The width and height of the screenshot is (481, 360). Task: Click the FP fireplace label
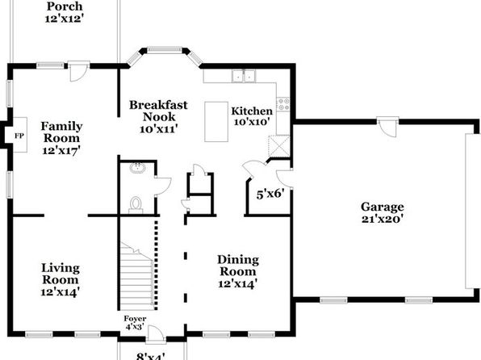[x=19, y=136]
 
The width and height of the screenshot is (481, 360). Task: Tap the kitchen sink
[x=244, y=76]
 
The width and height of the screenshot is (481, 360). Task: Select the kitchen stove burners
[x=283, y=104]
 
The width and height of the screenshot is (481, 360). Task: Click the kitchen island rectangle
[x=216, y=122]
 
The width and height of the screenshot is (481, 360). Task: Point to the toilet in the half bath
[x=136, y=205]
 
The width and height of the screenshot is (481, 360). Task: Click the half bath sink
[x=137, y=168]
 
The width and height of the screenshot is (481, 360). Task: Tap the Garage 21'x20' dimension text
[x=382, y=219]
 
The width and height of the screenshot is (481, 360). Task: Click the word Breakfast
[x=158, y=105]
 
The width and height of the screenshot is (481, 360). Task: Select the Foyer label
[x=135, y=319]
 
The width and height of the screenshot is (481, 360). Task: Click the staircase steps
[x=137, y=276]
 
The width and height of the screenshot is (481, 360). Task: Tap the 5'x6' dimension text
[x=270, y=194]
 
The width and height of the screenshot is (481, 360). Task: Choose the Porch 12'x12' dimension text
[x=65, y=19]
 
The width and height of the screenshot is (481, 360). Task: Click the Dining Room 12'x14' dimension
[x=238, y=283]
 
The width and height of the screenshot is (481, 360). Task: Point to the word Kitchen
[x=252, y=111]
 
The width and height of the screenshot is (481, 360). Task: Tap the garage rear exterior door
[x=387, y=127]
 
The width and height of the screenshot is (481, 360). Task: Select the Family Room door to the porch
[x=78, y=72]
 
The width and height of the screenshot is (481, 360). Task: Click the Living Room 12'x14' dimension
[x=61, y=291]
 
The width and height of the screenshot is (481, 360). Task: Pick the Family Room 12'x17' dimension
[x=61, y=151]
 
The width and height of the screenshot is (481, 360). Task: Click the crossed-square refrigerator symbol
[x=279, y=146]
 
